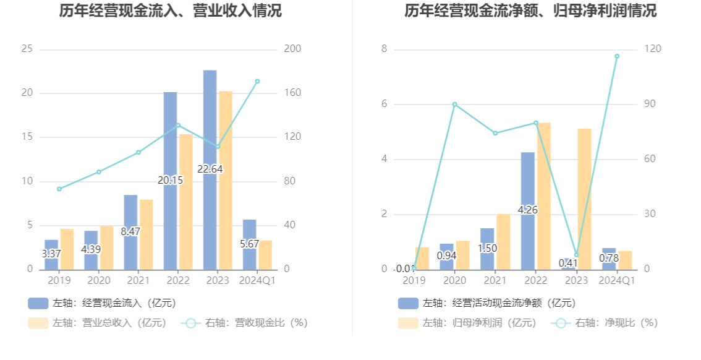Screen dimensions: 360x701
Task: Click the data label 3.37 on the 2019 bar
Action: tap(51, 254)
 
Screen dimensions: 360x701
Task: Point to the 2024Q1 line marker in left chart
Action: tap(257, 81)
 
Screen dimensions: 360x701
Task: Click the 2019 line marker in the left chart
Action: tap(59, 189)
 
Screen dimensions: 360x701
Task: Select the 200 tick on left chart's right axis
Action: tap(292, 49)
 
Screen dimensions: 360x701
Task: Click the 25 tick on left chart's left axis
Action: tap(27, 49)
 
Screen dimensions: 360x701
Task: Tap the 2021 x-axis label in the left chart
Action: tap(138, 281)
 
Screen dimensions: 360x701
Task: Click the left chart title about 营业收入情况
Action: tap(170, 11)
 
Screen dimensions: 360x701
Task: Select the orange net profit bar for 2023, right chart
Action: tap(584, 198)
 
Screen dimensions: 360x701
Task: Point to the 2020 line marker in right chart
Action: tap(454, 104)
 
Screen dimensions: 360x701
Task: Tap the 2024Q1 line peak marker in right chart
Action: tap(616, 56)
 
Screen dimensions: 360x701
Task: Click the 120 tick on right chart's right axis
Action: tap(654, 49)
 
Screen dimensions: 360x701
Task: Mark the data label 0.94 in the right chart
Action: tap(446, 255)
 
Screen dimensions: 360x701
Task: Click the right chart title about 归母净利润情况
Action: tap(530, 11)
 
